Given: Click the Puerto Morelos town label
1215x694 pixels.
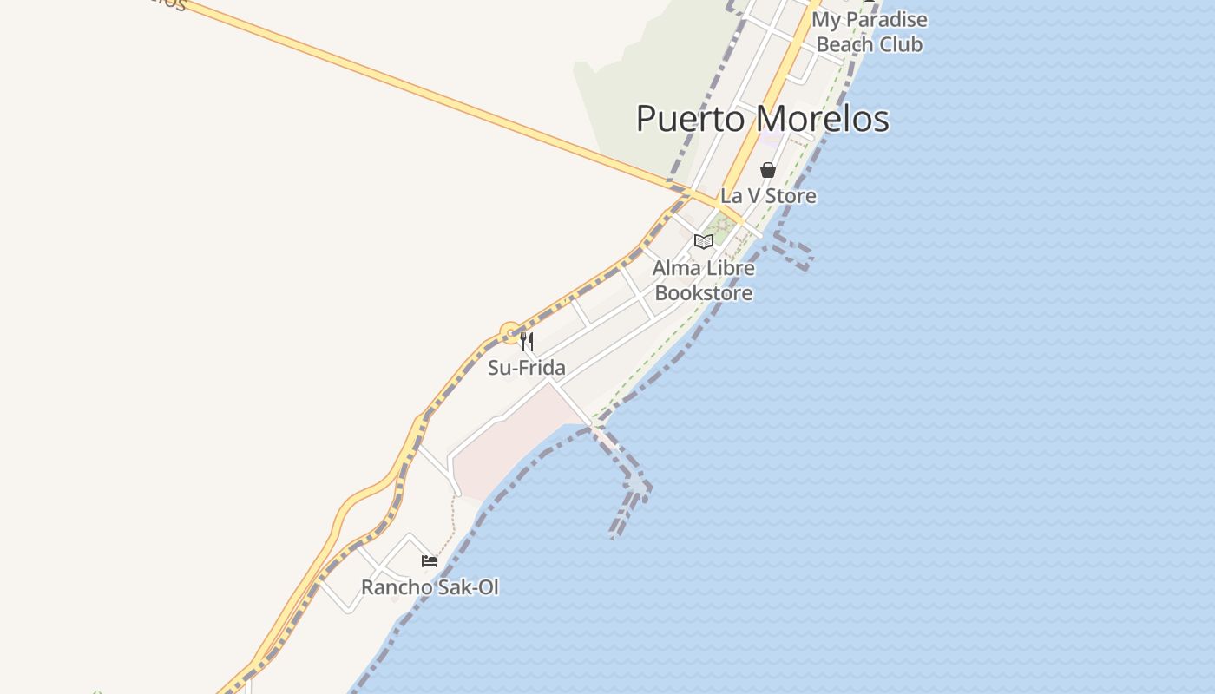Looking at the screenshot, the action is coord(762,119).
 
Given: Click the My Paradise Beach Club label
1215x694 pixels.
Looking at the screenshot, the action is coord(870,32).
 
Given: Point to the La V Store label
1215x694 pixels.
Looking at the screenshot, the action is coord(768,196).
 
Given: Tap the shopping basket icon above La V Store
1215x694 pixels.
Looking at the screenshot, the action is coord(768,170).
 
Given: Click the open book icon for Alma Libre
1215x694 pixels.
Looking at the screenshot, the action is coord(704,241).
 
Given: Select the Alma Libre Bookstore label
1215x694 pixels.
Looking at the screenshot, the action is coord(704,280).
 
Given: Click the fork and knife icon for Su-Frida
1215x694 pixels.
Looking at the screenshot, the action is coord(527,341).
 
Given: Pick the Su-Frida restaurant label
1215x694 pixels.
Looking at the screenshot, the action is coord(527,368).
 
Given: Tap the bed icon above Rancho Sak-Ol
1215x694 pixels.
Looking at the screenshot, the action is coord(430,561).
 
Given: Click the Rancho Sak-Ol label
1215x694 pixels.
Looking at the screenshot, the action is coord(430,587).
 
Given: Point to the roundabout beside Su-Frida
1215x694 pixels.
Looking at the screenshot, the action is coord(510,332).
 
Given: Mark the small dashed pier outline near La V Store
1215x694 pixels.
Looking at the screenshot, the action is coord(793,251).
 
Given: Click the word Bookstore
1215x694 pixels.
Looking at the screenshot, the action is coord(704,293).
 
